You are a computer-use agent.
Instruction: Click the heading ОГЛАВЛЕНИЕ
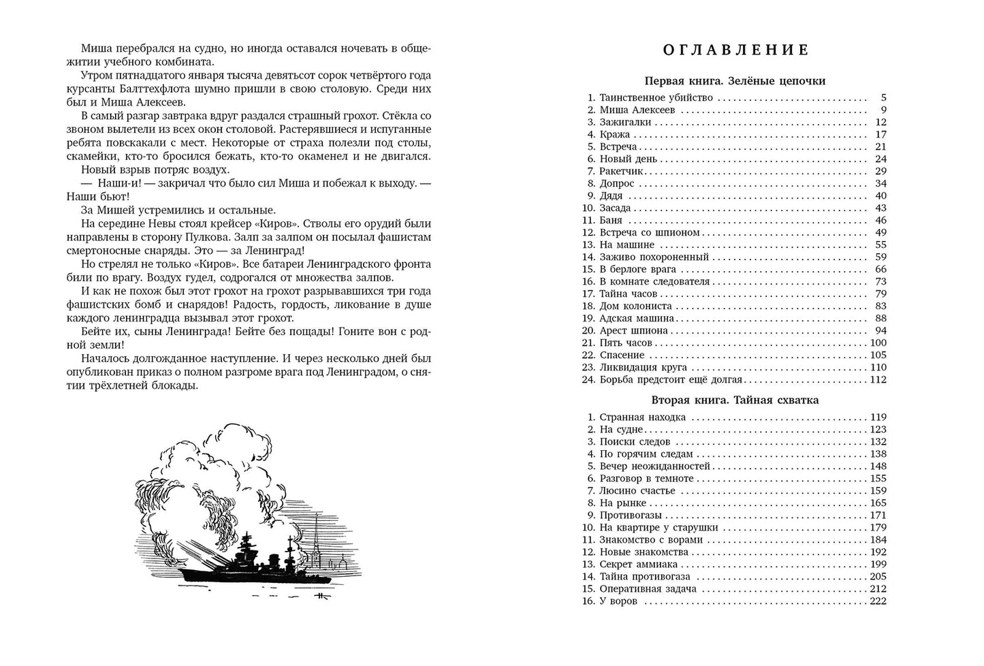coord(735,50)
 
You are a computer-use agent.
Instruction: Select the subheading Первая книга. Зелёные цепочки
coord(735,81)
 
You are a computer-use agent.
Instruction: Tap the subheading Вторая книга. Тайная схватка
coord(735,400)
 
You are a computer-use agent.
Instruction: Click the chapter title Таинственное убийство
coord(656,98)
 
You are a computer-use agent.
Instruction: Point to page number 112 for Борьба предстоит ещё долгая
coord(878,380)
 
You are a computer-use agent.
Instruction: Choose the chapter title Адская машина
coord(637,319)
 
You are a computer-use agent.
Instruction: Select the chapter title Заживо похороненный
coord(654,257)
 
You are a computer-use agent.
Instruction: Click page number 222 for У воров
coord(878,601)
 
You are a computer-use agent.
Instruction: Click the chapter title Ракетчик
coord(621,172)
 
